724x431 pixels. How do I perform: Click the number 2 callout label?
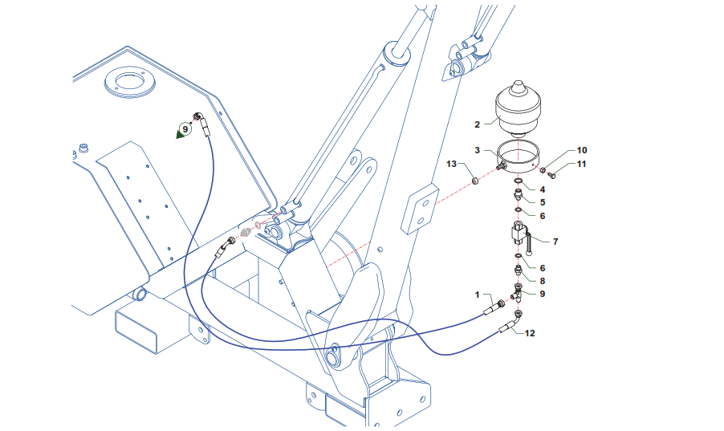click(x=477, y=124)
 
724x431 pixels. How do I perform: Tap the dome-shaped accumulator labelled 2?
click(x=518, y=109)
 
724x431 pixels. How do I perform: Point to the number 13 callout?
click(x=451, y=164)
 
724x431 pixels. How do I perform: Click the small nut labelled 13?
click(x=476, y=181)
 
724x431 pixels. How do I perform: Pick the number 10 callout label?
click(x=582, y=150)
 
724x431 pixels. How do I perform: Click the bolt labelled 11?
click(x=551, y=174)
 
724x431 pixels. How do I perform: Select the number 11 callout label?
click(x=581, y=164)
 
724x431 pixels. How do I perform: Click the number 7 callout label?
click(x=555, y=242)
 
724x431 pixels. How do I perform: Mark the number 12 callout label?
click(x=530, y=333)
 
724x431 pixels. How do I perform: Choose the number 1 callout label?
click(x=478, y=295)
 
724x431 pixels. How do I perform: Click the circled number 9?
click(x=185, y=129)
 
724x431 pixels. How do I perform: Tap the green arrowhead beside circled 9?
click(x=180, y=134)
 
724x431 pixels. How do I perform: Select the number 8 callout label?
click(x=543, y=281)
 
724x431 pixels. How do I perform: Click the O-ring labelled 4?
click(x=518, y=181)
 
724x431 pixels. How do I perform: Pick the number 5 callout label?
click(x=543, y=202)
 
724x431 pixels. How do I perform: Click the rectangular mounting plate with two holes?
click(x=419, y=209)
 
